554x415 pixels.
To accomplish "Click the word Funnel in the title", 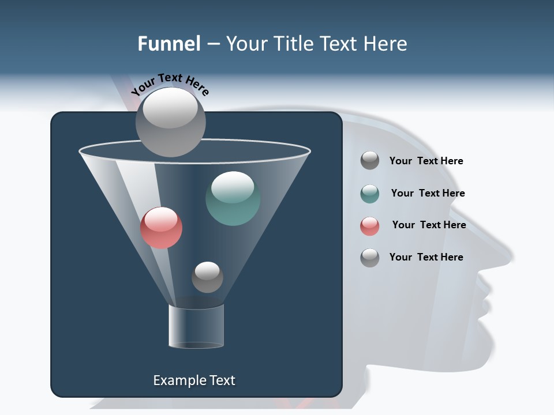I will point(169,44).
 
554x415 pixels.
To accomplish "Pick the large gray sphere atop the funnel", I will point(170,122).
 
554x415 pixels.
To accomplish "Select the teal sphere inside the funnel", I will point(233,198).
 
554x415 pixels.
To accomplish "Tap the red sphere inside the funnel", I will point(161,228).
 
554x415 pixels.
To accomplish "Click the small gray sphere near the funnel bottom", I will point(207,277).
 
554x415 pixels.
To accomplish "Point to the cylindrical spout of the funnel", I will point(196,327).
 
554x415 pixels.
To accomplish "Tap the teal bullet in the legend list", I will point(370,194).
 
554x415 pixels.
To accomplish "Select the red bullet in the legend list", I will point(370,226).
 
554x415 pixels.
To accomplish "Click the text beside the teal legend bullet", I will point(428,194).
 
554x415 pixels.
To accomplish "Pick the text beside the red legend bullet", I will point(429,225).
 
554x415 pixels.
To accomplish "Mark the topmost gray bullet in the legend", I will point(370,161).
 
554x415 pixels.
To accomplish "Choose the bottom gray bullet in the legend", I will point(370,258).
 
